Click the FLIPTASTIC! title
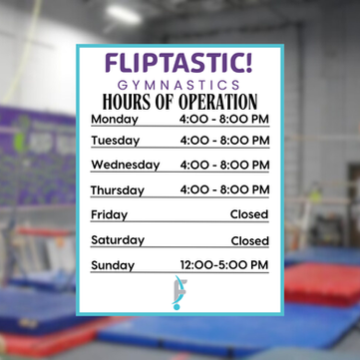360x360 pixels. pyautogui.click(x=179, y=63)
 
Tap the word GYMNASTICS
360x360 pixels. pyautogui.click(x=179, y=86)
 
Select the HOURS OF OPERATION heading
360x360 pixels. pyautogui.click(x=180, y=102)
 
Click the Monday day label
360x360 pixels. pyautogui.click(x=115, y=120)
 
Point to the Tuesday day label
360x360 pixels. pyautogui.click(x=116, y=141)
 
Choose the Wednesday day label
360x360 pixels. pyautogui.click(x=126, y=166)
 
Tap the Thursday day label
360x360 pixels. pyautogui.click(x=118, y=190)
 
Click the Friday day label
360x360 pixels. pyautogui.click(x=109, y=215)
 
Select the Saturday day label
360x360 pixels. pyautogui.click(x=118, y=240)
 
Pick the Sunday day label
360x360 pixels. pyautogui.click(x=113, y=265)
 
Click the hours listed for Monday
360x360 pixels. pyautogui.click(x=224, y=119)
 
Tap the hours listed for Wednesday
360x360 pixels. pyautogui.click(x=224, y=165)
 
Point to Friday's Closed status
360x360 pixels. pyautogui.click(x=249, y=214)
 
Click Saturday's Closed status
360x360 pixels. pyautogui.click(x=250, y=240)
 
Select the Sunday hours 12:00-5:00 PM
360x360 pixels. pyautogui.click(x=224, y=265)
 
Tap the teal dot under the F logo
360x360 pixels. pyautogui.click(x=177, y=307)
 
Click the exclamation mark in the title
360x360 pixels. pyautogui.click(x=248, y=63)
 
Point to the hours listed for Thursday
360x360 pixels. pyautogui.click(x=224, y=189)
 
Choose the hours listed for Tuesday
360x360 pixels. pyautogui.click(x=224, y=141)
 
